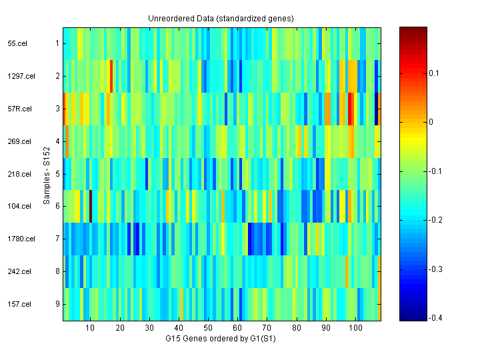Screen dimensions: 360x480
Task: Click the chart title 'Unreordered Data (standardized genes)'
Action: pos(221,18)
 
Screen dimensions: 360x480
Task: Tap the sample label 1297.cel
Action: pos(19,76)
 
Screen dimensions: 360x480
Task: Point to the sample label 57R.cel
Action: pos(18,109)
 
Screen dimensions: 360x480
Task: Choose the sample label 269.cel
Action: pos(18,141)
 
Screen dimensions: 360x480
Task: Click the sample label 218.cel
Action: pos(18,174)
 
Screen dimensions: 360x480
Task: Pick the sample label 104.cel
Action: pos(18,207)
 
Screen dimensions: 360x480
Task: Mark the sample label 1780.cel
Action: pos(19,239)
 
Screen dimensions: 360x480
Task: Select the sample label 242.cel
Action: pos(18,271)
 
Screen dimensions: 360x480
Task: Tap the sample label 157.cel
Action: pos(18,304)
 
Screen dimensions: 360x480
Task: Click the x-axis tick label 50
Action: pos(208,328)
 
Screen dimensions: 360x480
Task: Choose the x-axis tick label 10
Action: pos(90,328)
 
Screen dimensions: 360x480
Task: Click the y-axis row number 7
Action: pos(57,239)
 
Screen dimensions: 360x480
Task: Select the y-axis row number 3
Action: pos(57,109)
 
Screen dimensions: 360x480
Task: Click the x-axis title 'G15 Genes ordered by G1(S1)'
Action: pos(221,339)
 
